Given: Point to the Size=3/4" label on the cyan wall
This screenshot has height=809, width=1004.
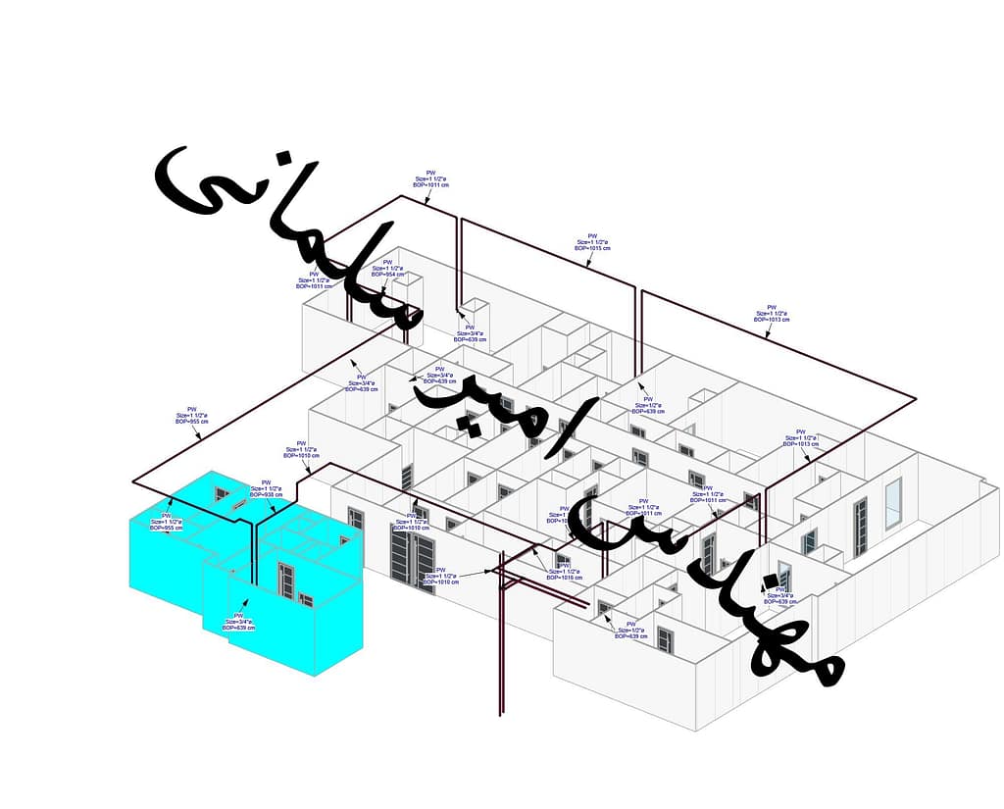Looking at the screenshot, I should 238,621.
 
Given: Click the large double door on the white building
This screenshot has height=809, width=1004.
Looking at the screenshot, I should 413,557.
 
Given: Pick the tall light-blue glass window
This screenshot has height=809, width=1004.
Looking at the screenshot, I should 892,503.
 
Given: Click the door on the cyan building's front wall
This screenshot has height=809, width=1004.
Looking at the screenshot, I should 287,581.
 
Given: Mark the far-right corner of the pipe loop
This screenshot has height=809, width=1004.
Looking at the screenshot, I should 916,398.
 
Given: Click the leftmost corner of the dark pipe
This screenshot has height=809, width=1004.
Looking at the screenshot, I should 133,482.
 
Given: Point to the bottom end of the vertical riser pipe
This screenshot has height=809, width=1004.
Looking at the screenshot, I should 501,714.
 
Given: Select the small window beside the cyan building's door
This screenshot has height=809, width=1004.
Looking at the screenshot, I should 306,598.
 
